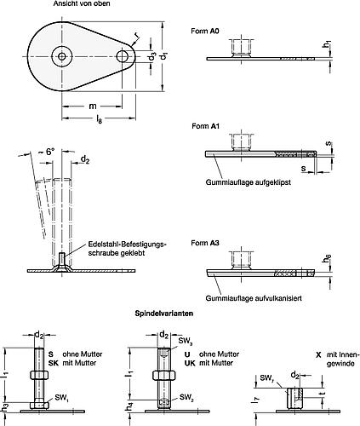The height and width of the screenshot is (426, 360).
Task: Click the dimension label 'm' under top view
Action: (x=93, y=105)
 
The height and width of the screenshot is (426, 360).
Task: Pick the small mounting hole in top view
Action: (x=123, y=56)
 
